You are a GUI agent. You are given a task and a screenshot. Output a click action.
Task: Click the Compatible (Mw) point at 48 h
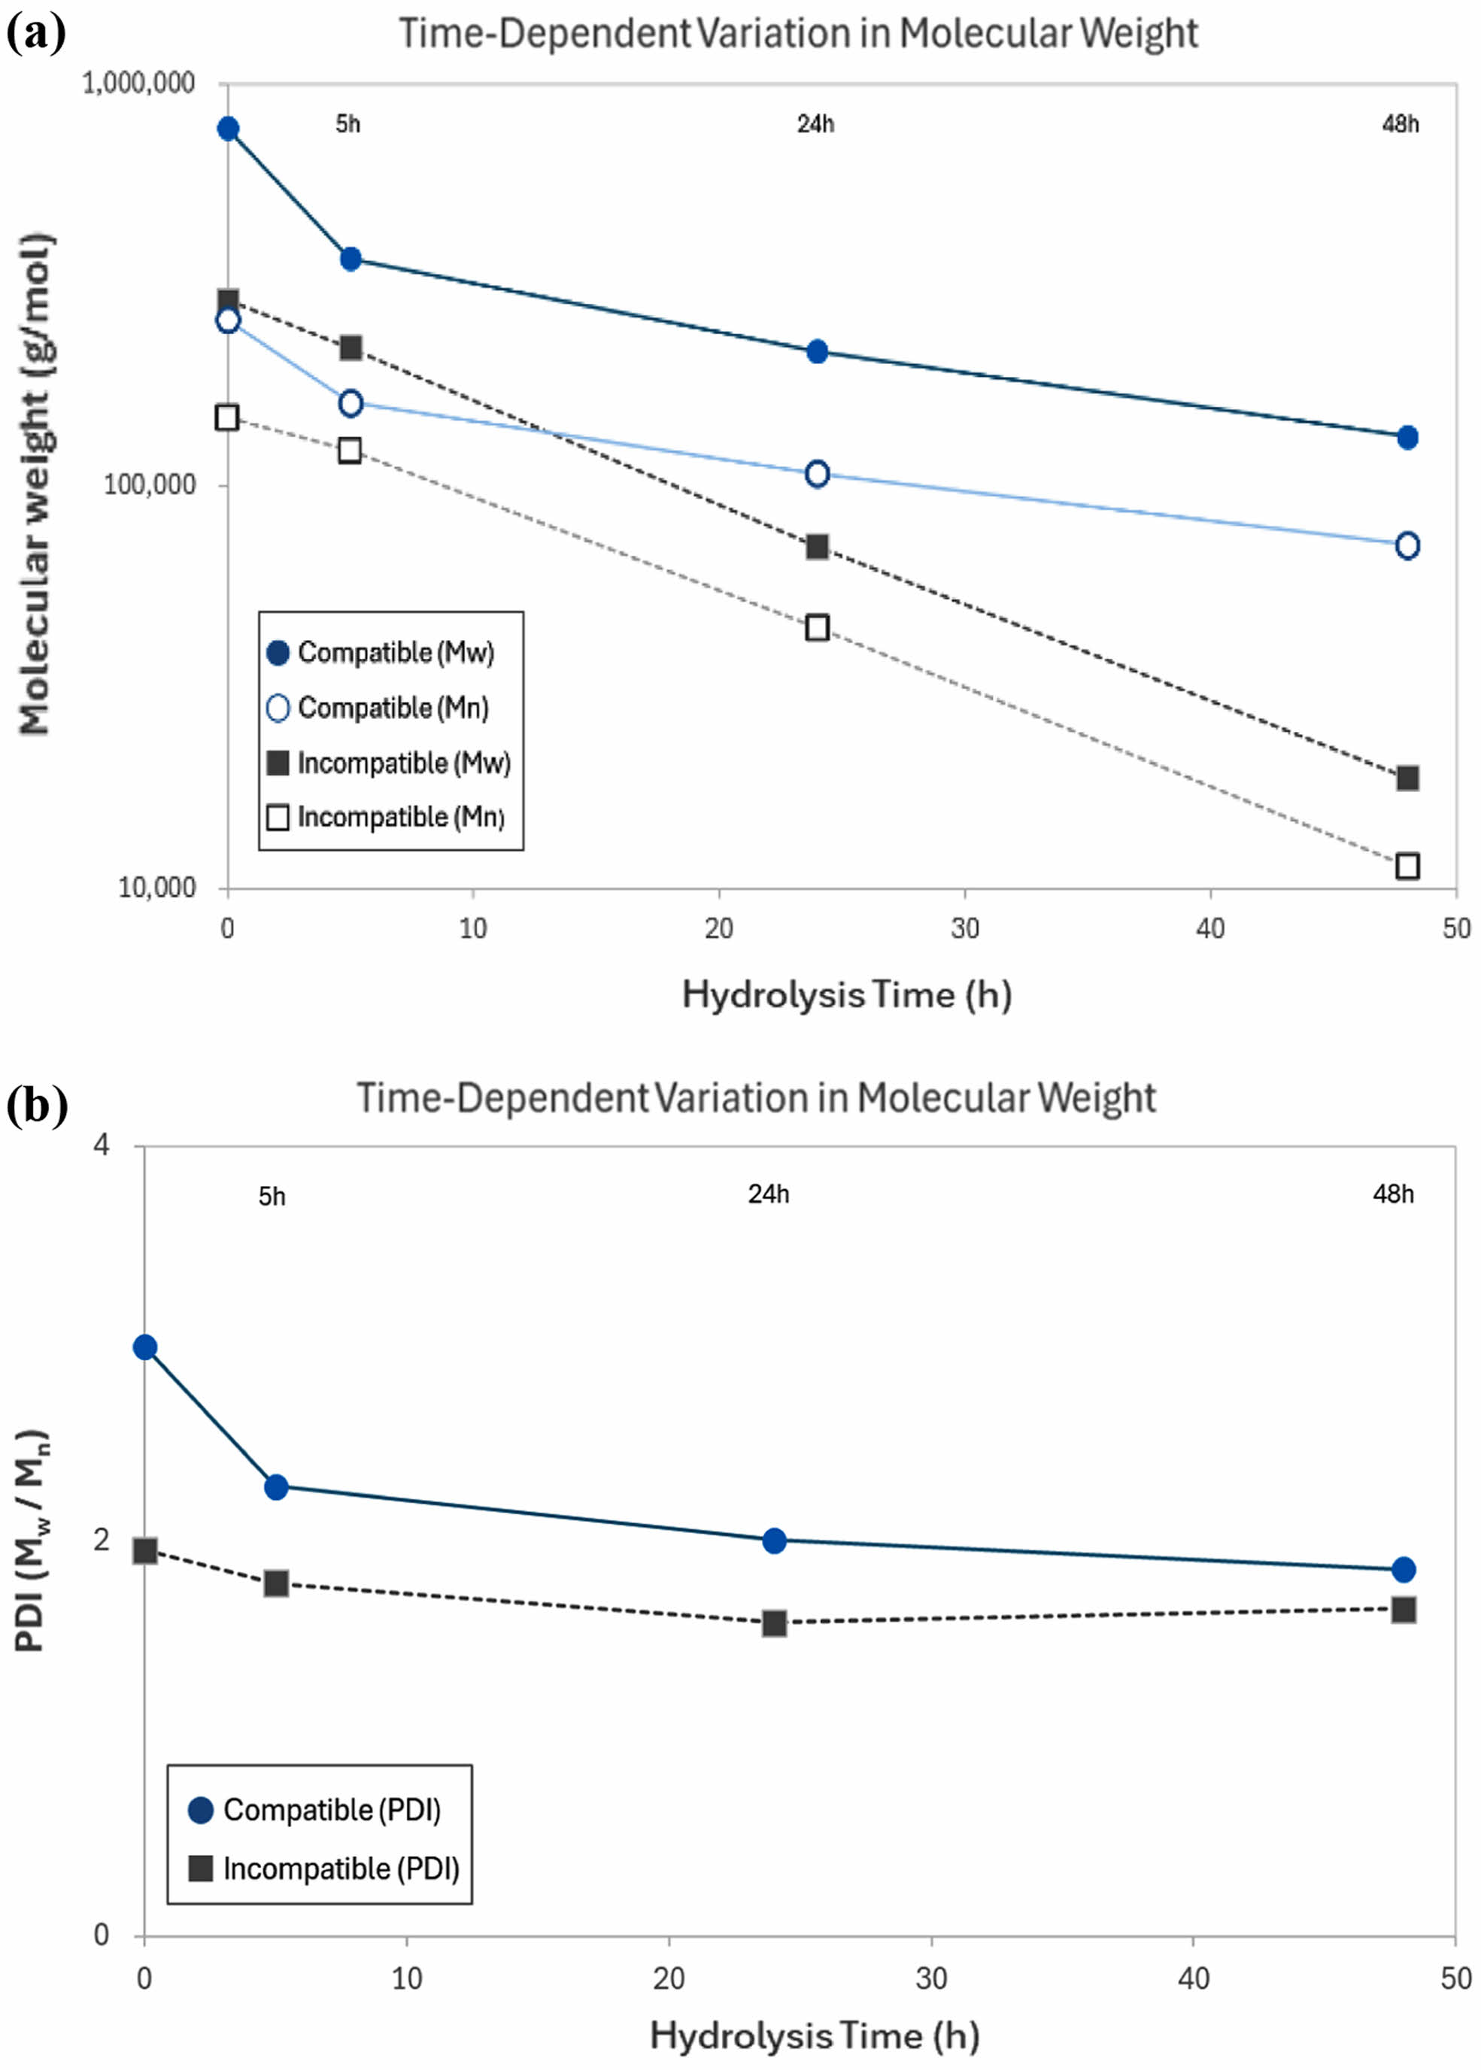tap(1407, 438)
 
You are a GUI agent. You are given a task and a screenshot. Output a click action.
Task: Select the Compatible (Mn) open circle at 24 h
tap(817, 474)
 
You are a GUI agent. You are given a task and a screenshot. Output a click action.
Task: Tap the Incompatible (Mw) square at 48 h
tap(1407, 778)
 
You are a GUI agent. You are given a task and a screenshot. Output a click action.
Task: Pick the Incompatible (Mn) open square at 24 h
tap(817, 627)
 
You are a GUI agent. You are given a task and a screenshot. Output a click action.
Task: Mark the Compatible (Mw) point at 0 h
tap(228, 129)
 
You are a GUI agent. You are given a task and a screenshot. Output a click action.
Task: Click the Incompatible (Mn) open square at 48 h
tap(1407, 866)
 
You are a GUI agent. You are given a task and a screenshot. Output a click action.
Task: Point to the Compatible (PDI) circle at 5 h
tap(276, 1487)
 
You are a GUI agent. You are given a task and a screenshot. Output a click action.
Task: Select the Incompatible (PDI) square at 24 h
tap(774, 1623)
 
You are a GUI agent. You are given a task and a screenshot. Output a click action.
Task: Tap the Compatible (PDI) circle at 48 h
tap(1404, 1569)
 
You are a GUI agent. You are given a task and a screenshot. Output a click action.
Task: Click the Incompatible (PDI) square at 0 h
tap(145, 1550)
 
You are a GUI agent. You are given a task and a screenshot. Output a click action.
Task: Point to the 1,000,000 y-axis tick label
tap(138, 83)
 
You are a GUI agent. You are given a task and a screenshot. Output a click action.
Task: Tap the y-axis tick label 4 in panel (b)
tap(102, 1144)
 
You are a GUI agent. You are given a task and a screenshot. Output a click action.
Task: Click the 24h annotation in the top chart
tap(815, 124)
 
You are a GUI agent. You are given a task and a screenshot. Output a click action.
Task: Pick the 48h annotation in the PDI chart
tap(1392, 1194)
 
